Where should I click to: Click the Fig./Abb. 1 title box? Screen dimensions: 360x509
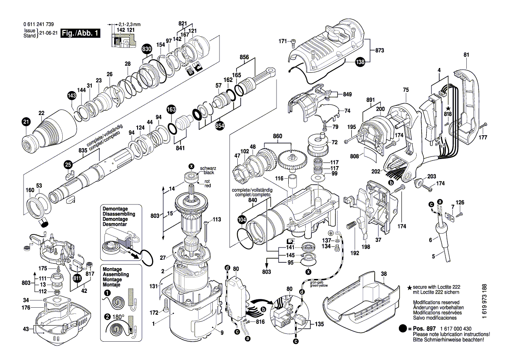click(81, 34)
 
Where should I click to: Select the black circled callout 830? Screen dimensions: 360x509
click(147, 49)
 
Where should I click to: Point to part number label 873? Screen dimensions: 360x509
click(379, 51)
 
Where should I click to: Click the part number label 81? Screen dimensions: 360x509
click(466, 55)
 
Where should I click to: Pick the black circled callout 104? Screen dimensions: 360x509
click(243, 220)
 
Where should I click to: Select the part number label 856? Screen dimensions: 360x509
click(244, 57)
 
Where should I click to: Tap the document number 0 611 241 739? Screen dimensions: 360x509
click(39, 24)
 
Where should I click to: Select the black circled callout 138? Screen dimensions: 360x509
click(360, 62)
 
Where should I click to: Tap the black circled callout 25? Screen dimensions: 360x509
click(67, 164)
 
